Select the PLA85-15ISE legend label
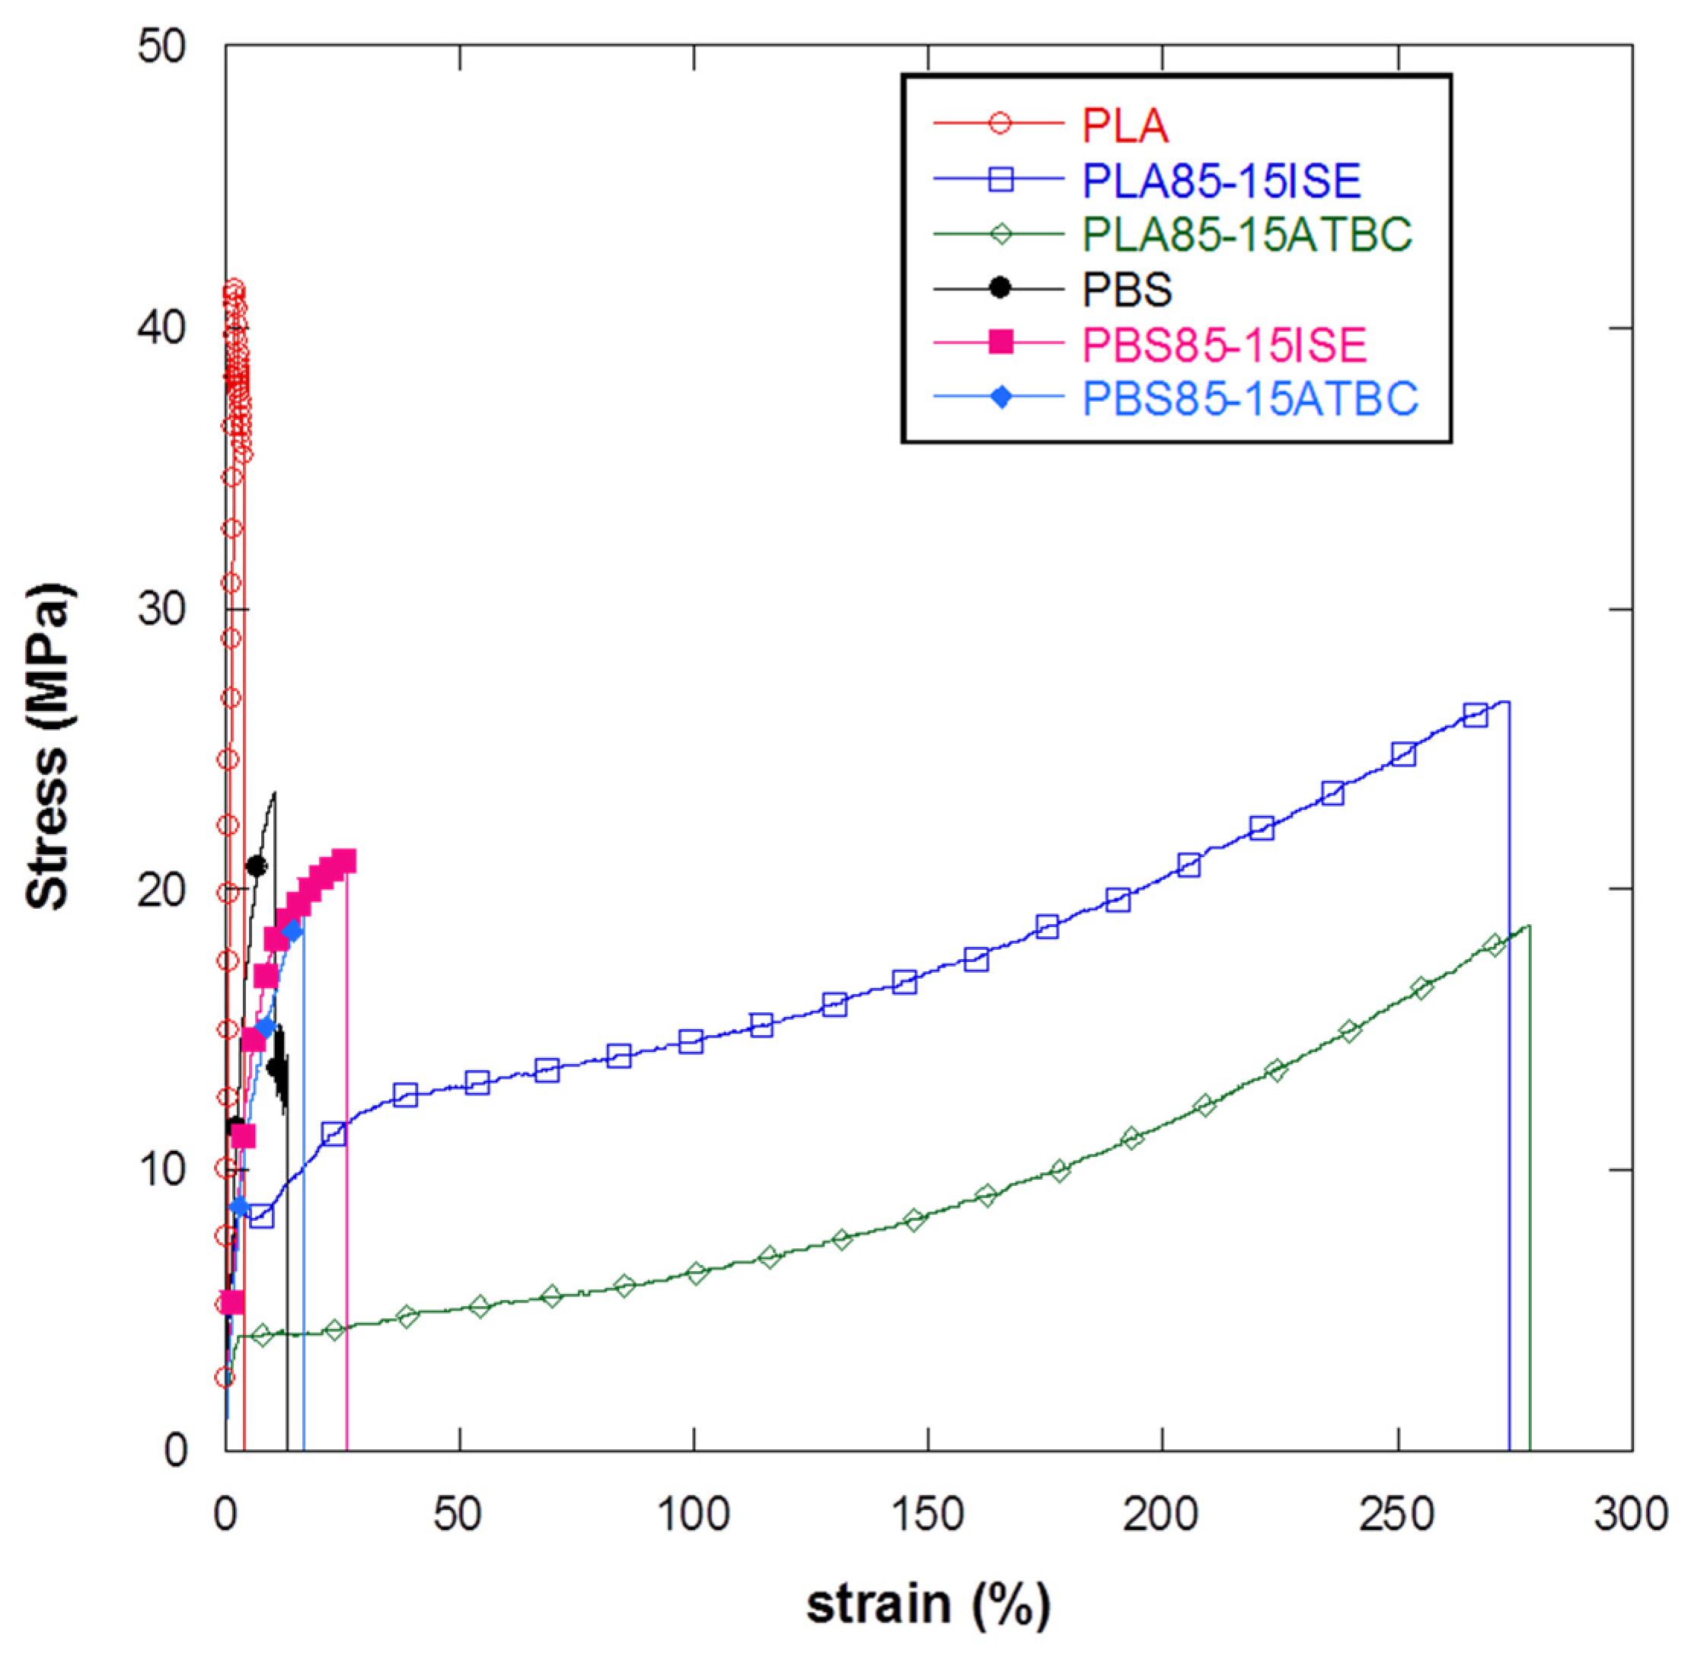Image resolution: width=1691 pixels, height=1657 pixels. point(1220,180)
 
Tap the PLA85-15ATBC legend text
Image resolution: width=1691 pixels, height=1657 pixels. point(1246,234)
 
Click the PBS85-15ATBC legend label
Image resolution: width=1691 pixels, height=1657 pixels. point(1249,398)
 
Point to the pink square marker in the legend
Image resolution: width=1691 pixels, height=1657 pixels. point(1001,343)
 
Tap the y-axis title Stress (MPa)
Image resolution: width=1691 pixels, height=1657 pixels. point(48,747)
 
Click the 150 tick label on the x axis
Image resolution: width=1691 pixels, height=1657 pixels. point(928,1514)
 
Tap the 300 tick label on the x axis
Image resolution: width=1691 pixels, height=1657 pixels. point(1631,1514)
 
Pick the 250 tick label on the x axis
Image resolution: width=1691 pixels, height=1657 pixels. point(1396,1514)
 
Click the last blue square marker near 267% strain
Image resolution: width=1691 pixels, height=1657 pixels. point(1475,715)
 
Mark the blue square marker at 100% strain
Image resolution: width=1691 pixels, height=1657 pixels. point(691,1042)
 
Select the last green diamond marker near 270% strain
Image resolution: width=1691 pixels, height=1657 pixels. point(1495,945)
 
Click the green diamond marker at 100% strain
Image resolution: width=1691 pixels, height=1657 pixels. point(696,1273)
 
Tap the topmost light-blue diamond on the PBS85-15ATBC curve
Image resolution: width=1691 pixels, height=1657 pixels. point(292,931)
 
